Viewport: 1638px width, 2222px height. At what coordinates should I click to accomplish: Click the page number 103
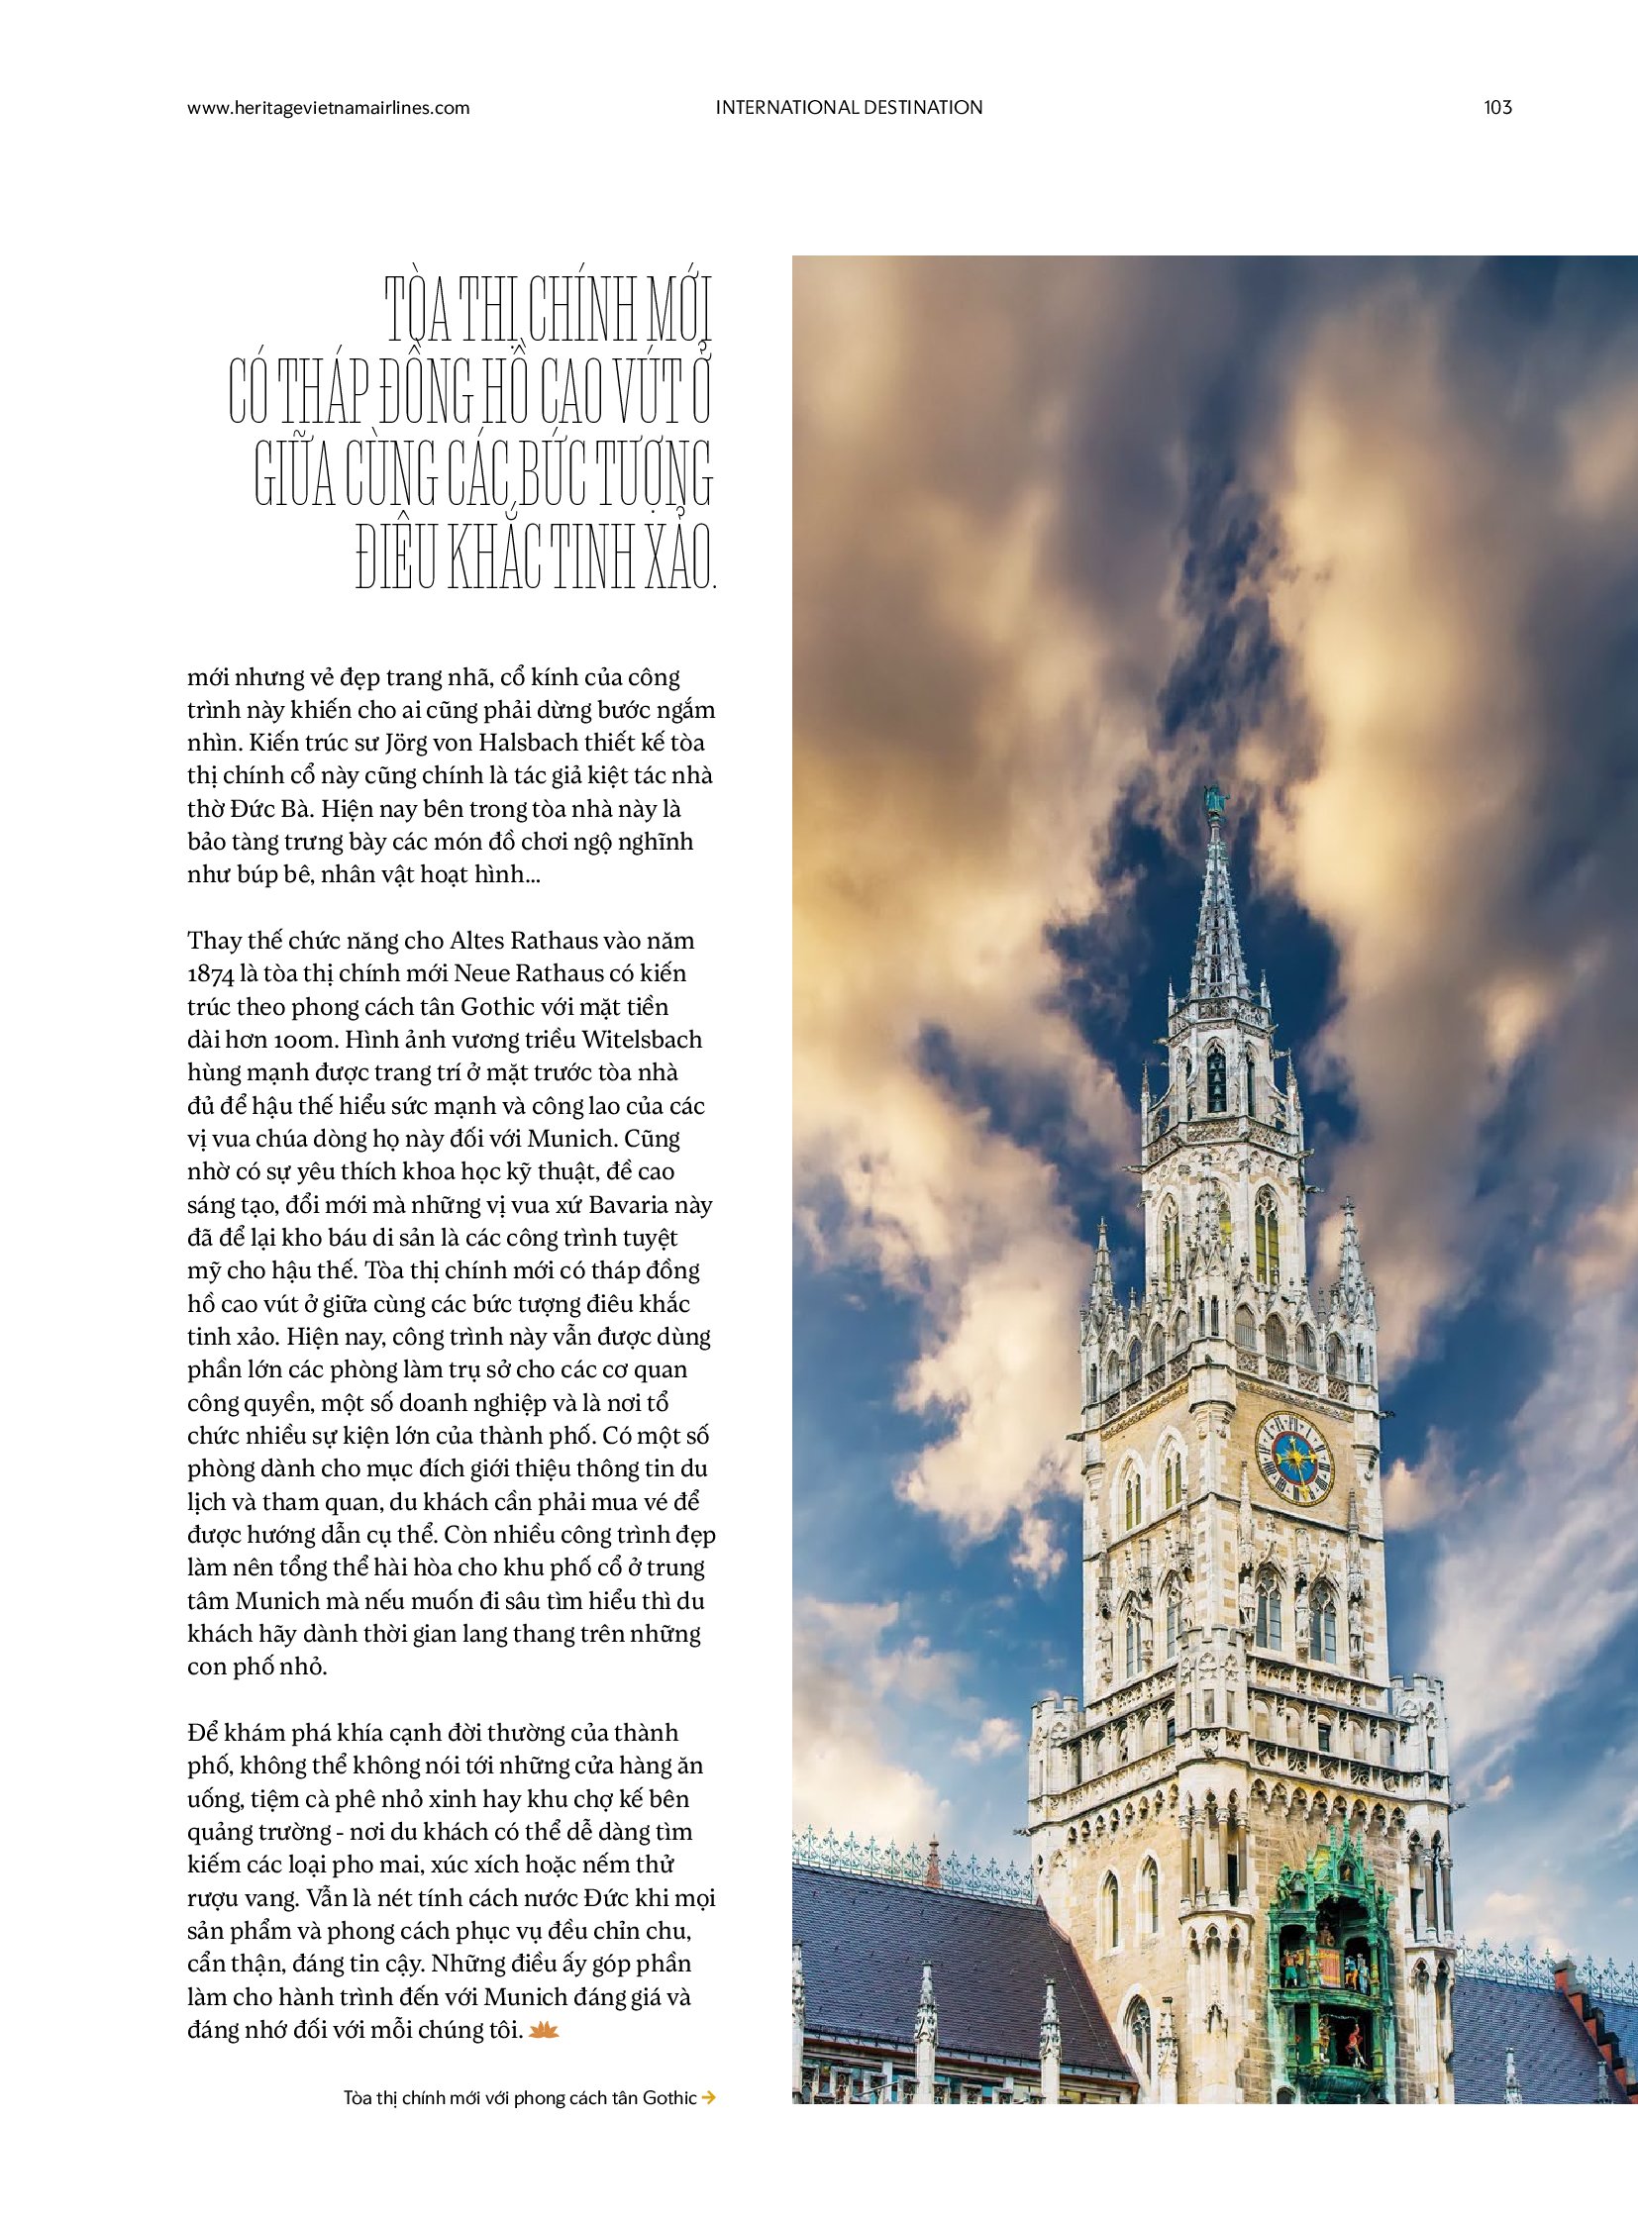click(x=1497, y=107)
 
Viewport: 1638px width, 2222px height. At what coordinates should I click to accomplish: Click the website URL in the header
click(x=328, y=108)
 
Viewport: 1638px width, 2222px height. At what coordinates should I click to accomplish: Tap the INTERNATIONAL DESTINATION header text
click(x=849, y=107)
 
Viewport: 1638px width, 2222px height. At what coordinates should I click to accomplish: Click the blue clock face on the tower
click(x=1293, y=1458)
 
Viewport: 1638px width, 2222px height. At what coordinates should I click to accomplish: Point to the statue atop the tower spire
click(x=1211, y=801)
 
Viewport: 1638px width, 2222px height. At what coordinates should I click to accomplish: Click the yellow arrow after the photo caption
click(x=708, y=2097)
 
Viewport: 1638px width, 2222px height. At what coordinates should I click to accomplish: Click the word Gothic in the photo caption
click(x=669, y=2097)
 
